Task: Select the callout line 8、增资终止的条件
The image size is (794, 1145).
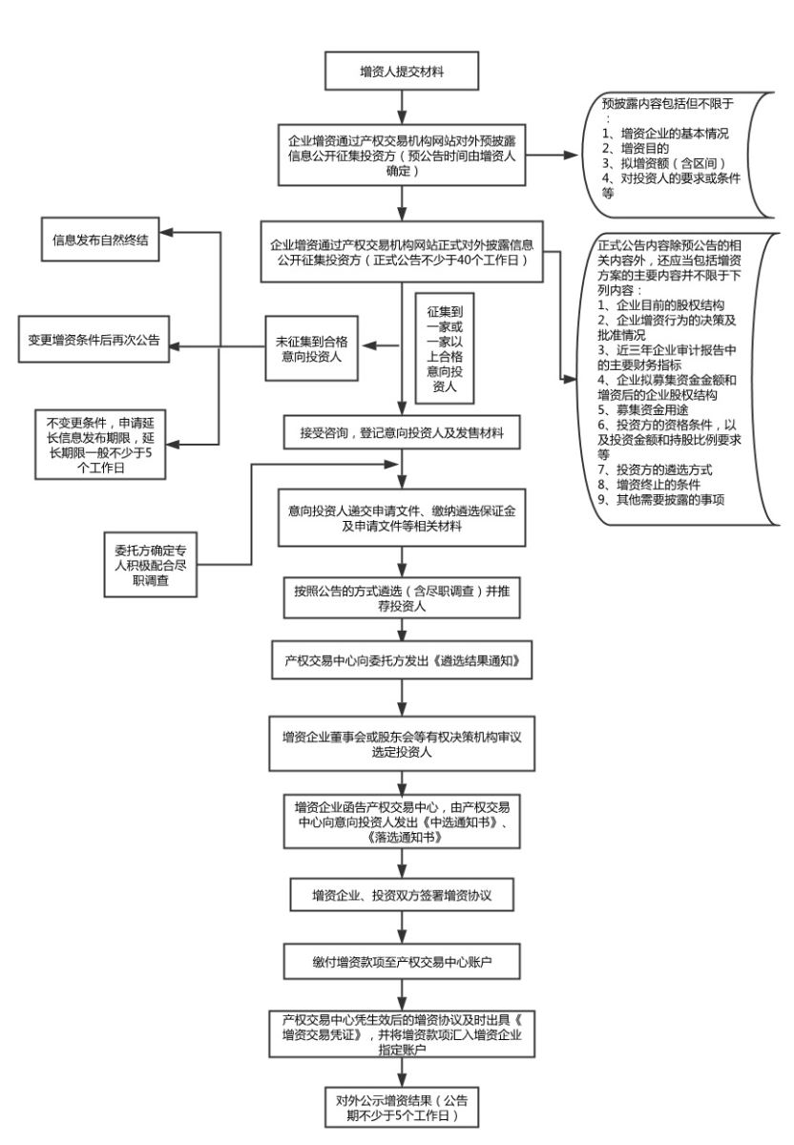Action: tap(648, 485)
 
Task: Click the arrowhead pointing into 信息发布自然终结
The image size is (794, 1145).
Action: tap(165, 232)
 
